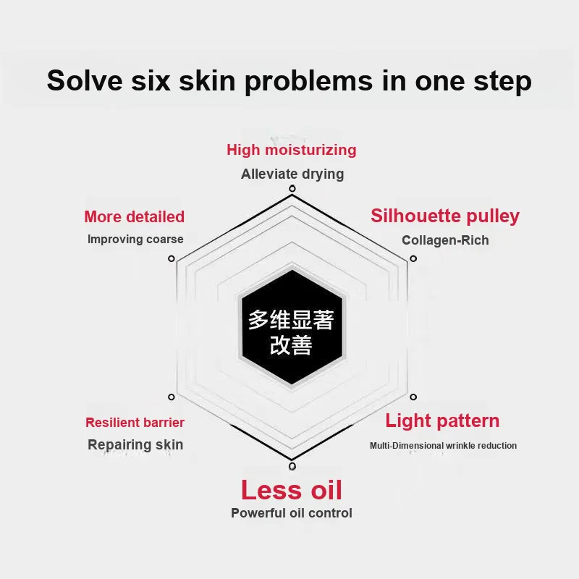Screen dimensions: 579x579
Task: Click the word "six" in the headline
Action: [x=151, y=80]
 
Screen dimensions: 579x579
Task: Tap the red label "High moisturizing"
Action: [x=292, y=150]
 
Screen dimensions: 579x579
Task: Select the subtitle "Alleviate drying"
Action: [x=292, y=174]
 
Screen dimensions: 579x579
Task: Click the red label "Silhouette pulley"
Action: [x=445, y=216]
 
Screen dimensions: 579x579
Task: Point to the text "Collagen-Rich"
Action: [x=445, y=240]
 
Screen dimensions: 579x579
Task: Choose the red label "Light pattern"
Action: [x=442, y=420]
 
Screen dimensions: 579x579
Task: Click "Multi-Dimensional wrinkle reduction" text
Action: [x=443, y=446]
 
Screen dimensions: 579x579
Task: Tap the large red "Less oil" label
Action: [x=292, y=490]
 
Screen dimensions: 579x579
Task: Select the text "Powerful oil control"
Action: [x=292, y=513]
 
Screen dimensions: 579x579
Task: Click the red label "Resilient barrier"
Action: [x=135, y=423]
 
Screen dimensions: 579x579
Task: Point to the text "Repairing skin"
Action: [x=135, y=444]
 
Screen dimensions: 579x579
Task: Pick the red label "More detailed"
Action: [x=135, y=216]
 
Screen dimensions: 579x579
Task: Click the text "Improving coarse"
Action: [x=135, y=240]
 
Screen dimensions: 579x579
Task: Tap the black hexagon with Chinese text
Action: [x=292, y=327]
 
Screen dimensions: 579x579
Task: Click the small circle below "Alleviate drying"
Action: [x=292, y=189]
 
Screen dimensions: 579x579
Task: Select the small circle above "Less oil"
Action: [x=292, y=466]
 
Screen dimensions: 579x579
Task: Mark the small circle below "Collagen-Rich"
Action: [x=413, y=258]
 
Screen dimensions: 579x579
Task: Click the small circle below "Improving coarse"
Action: [x=172, y=258]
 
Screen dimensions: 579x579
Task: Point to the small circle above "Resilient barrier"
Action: [x=172, y=397]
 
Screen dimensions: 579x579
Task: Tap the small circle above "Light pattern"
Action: [x=413, y=397]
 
